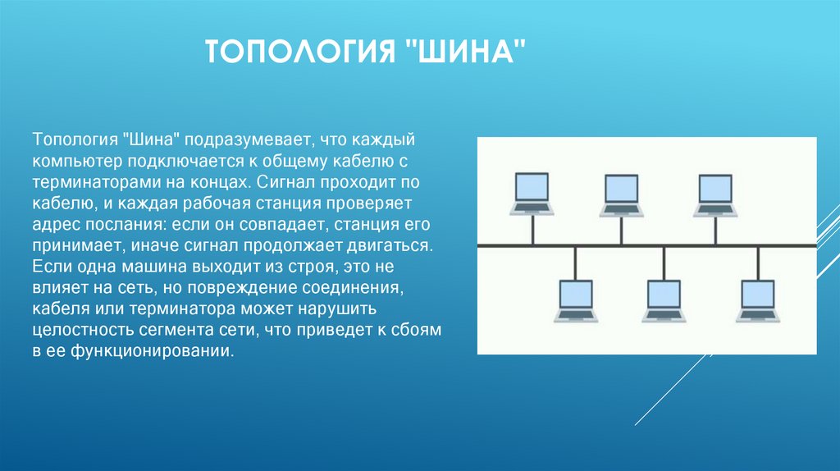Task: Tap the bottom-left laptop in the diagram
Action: tap(575, 300)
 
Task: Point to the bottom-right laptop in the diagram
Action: tap(758, 300)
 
